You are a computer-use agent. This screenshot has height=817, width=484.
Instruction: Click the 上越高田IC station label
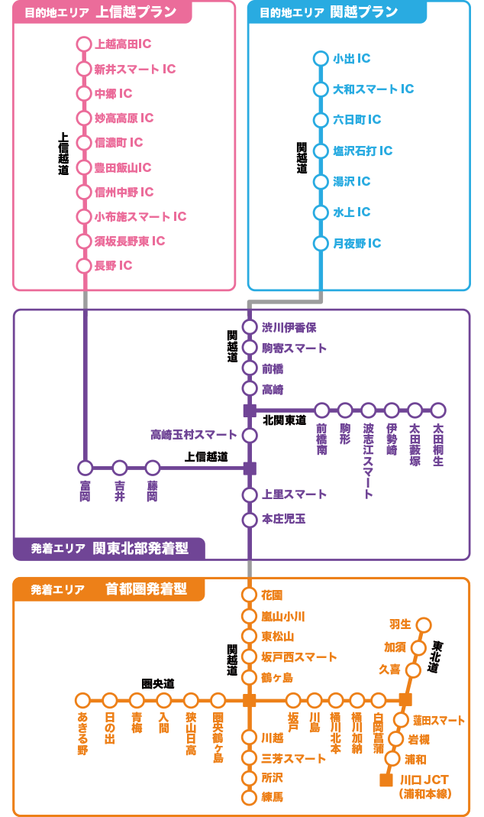click(x=123, y=44)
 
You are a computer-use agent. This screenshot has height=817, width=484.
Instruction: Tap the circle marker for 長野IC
click(x=84, y=266)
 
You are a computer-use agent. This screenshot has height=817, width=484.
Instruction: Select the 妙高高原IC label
click(x=124, y=118)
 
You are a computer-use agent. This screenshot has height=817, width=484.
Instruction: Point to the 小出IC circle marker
click(x=321, y=59)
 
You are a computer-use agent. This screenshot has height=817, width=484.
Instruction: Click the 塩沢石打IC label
click(x=363, y=151)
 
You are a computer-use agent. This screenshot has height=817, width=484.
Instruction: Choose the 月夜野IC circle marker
click(x=321, y=244)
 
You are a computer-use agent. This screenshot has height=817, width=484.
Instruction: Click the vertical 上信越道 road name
click(x=63, y=154)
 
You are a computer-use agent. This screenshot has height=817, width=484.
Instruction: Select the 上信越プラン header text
click(x=137, y=12)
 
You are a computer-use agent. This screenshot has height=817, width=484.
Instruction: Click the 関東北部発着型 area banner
click(x=142, y=548)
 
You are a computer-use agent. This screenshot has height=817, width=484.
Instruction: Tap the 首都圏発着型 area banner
click(x=146, y=589)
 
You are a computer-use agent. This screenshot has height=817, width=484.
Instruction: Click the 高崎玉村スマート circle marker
click(x=250, y=436)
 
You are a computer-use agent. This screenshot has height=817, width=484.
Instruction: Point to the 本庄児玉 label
click(x=283, y=520)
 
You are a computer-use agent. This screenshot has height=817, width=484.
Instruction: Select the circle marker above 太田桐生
click(x=438, y=410)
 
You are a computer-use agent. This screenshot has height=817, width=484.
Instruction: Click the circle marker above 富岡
click(x=85, y=468)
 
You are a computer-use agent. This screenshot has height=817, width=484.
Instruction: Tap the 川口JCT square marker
click(x=386, y=780)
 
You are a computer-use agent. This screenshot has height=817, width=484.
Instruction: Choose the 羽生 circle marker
click(x=423, y=625)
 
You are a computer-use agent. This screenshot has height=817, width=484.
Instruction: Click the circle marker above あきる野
click(x=82, y=700)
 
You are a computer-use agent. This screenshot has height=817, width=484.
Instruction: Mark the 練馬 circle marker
click(x=249, y=798)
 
